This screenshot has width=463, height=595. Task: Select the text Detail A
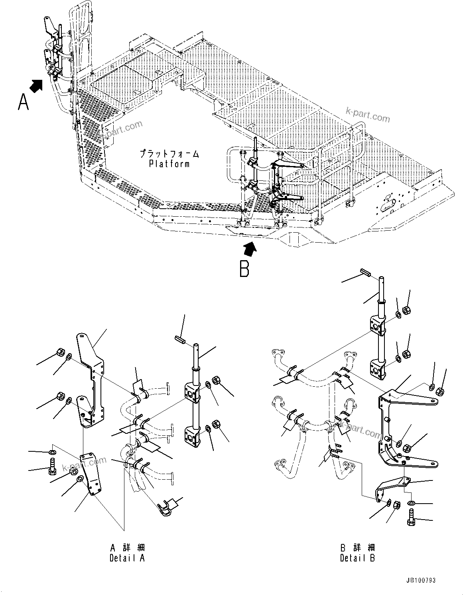click(127, 558)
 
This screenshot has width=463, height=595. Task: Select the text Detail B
click(357, 558)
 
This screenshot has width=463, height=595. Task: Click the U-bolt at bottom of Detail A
click(165, 507)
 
